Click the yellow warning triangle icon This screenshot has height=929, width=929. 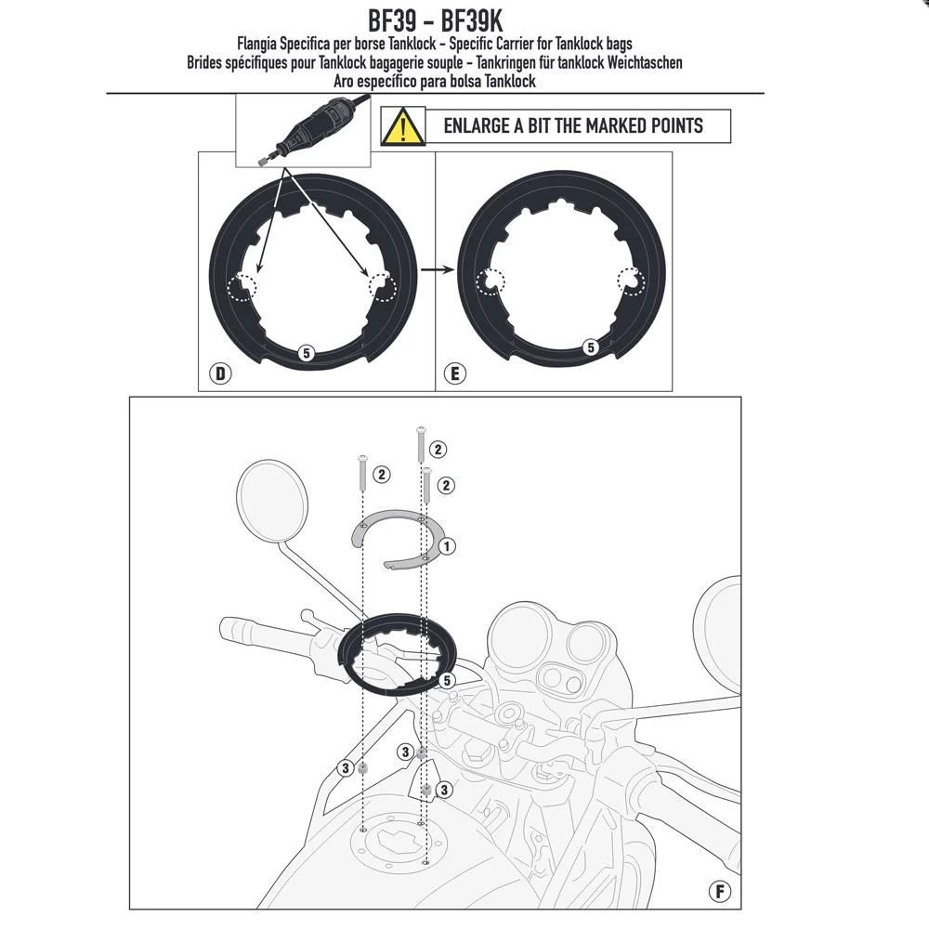pos(398,126)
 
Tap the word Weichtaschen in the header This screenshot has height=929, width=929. pos(641,62)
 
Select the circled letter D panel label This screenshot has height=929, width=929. pos(220,374)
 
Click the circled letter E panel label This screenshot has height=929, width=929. pos(454,374)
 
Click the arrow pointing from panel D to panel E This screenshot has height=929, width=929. pos(435,270)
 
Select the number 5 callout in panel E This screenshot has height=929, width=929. pos(589,347)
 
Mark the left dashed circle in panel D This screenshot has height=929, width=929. pos(247,284)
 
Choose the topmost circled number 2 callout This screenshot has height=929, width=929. pos(438,450)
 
